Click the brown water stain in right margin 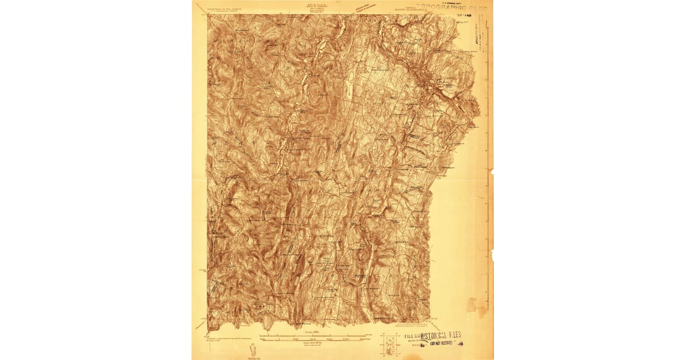pos(473,306)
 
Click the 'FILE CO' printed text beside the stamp pos(412,336)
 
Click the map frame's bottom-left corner pos(208,330)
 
